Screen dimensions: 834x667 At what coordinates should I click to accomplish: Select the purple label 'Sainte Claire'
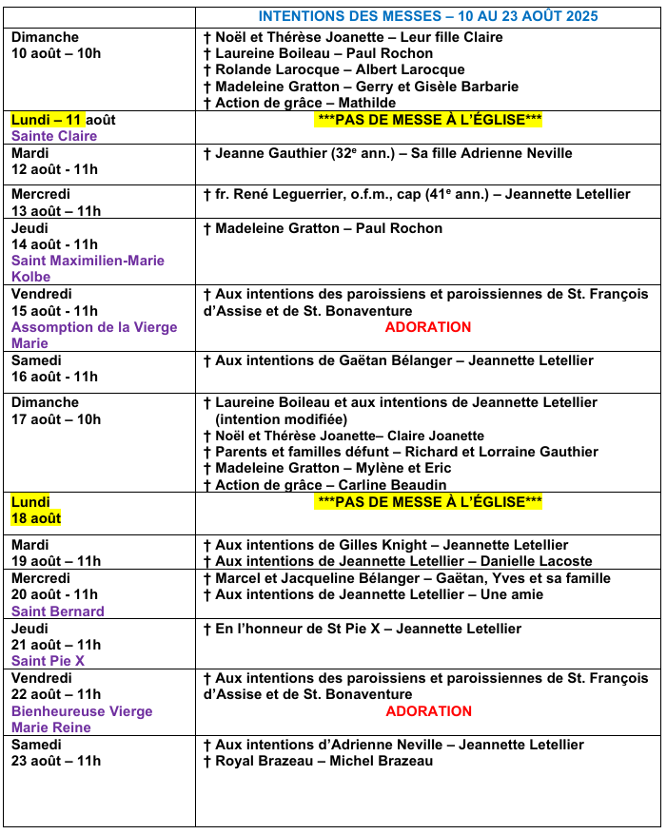pyautogui.click(x=54, y=136)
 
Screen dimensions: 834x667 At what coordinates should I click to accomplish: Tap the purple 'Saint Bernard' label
pyautogui.click(x=58, y=611)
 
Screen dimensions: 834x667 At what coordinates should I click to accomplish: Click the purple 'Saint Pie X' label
pyautogui.click(x=49, y=661)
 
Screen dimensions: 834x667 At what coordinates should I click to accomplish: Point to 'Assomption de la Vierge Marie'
pyautogui.click(x=93, y=336)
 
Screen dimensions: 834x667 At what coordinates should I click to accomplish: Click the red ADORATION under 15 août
pyautogui.click(x=427, y=327)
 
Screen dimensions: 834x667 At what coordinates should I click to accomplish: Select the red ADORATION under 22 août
pyautogui.click(x=427, y=711)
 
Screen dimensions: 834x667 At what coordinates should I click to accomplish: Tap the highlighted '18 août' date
pyautogui.click(x=36, y=518)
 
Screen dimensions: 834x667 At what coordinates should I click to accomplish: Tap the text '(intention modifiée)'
pyautogui.click(x=282, y=419)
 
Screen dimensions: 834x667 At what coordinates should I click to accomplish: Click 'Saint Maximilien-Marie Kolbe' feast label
pyautogui.click(x=88, y=269)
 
